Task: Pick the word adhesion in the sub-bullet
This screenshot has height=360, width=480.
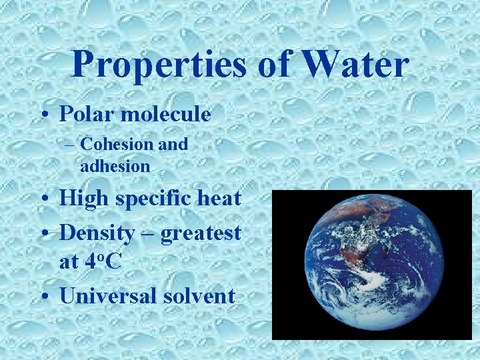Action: click(115, 165)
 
